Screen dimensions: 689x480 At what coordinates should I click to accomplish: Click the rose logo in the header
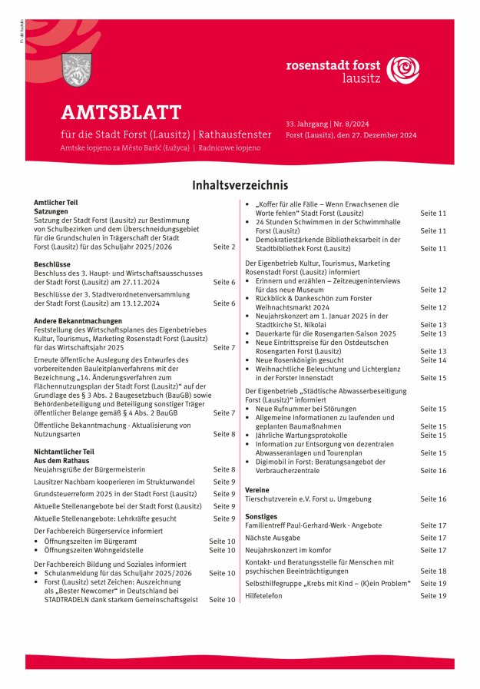click(402, 70)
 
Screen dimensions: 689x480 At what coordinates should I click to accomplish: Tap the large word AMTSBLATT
click(121, 113)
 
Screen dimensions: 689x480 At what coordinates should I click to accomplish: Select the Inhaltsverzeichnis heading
click(240, 185)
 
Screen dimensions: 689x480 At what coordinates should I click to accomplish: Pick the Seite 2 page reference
click(224, 247)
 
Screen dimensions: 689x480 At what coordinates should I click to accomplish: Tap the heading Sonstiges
click(261, 517)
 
